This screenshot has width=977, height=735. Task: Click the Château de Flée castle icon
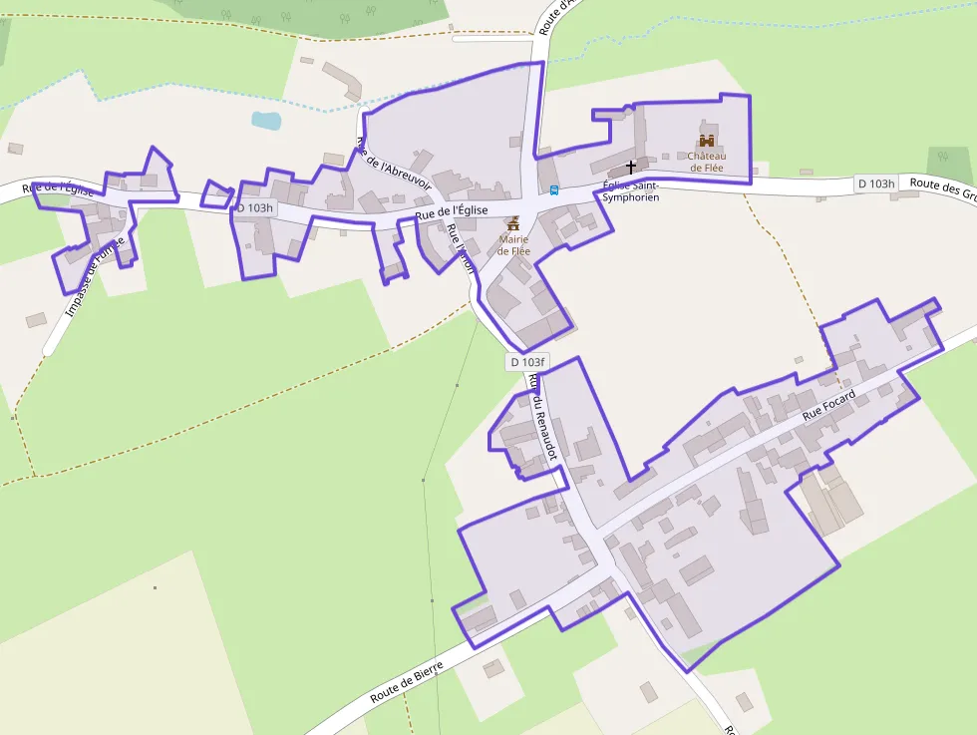707,142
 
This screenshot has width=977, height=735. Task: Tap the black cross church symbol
630,167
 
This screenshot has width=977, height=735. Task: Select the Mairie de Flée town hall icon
513,222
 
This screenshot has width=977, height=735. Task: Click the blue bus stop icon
554,189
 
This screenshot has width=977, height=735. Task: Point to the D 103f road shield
527,362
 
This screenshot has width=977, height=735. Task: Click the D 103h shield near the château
876,184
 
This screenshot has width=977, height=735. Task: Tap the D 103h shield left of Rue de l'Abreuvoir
253,207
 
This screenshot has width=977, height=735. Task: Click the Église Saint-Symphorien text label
631,191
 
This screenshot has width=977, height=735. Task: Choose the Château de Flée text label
707,162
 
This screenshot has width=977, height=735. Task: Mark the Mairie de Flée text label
513,244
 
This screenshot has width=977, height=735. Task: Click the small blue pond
266,121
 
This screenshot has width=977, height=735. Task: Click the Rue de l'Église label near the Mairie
452,211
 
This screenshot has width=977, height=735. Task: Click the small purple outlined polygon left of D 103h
216,193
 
